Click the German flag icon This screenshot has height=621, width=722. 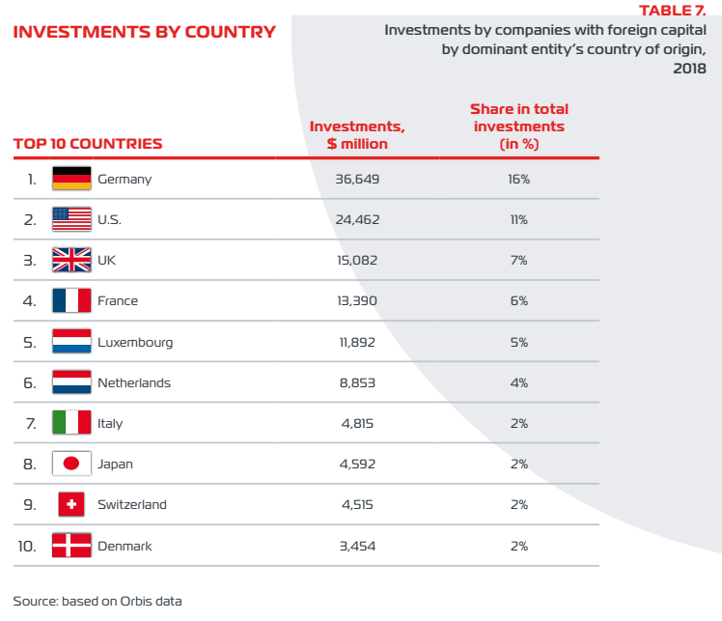point(71,179)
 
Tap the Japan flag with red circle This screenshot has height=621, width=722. point(71,464)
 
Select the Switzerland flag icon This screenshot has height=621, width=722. point(71,504)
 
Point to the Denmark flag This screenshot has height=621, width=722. point(71,546)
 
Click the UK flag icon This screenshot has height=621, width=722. point(71,260)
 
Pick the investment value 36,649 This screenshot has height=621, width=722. point(357,180)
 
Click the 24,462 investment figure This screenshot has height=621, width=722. point(357,220)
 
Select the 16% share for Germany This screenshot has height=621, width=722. point(519,180)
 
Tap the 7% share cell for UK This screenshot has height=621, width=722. point(519,261)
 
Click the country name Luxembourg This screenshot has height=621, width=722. point(135,343)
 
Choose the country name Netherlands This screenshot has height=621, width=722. point(134,382)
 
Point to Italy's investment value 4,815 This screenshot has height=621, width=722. point(357,423)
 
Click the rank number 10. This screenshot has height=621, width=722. point(27,547)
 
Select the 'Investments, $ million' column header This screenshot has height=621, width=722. point(357,135)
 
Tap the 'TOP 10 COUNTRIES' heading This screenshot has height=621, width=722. point(88,144)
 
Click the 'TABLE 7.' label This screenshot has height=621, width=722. point(672,10)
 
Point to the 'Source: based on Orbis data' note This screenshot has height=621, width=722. point(97,601)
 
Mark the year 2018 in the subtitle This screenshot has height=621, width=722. point(689,69)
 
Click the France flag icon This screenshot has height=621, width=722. point(71,300)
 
